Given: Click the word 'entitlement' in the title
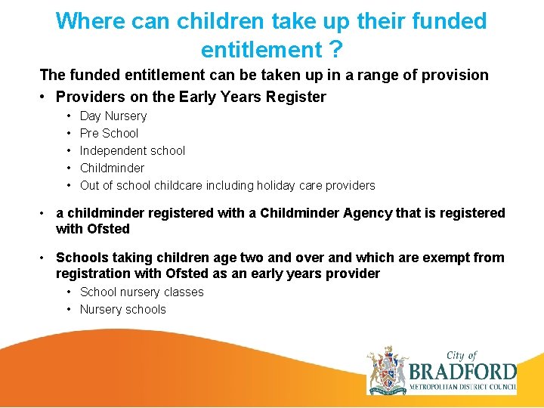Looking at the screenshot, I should click(x=261, y=51).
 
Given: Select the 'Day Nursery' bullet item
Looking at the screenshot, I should click(x=113, y=116).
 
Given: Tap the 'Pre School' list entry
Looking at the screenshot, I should click(x=109, y=133).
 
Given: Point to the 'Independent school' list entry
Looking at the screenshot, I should click(x=132, y=150).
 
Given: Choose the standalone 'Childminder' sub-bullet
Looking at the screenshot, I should click(x=112, y=168).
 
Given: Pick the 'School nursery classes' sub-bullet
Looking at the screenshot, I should click(x=142, y=292).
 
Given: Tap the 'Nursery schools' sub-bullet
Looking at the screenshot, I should click(x=122, y=309).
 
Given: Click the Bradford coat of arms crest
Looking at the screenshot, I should click(x=387, y=370).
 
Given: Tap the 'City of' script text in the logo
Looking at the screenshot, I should click(x=462, y=355).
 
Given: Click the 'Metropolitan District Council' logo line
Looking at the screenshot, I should click(x=462, y=388).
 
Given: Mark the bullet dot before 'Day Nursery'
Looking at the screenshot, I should click(x=69, y=116).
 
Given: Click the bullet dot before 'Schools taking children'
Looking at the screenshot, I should click(x=45, y=258).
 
